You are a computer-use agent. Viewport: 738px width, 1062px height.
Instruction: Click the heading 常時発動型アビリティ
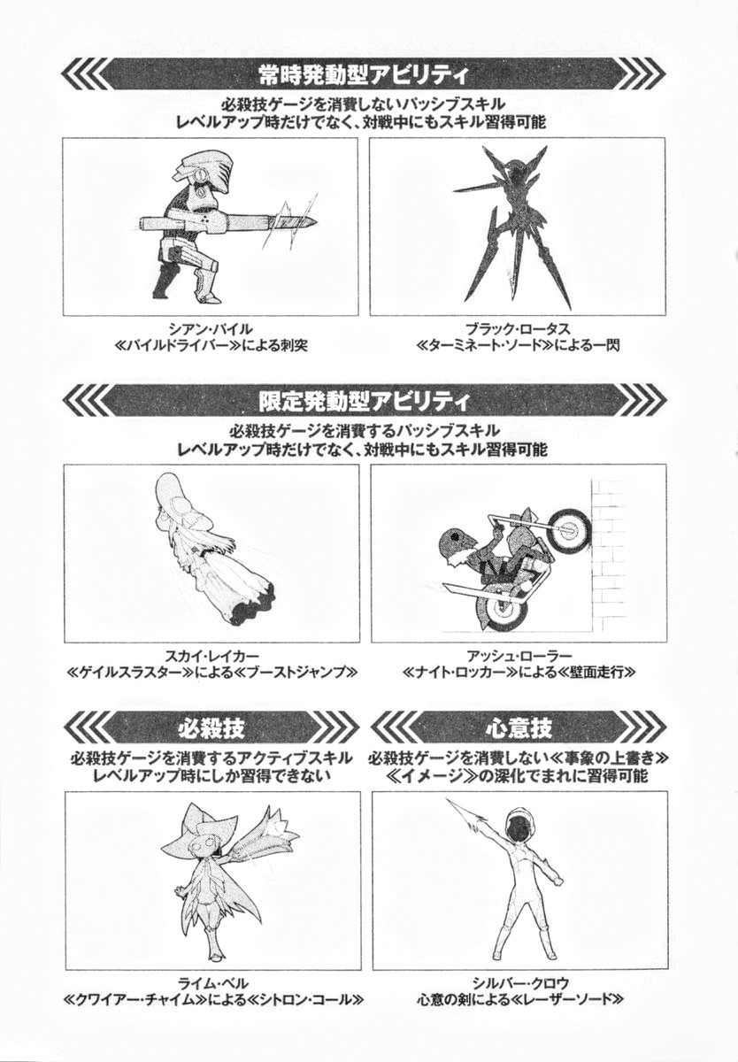pyautogui.click(x=364, y=75)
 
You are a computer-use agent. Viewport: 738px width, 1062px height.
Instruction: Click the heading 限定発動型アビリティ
pyautogui.click(x=364, y=402)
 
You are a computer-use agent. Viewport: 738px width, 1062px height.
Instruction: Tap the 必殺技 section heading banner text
pyautogui.click(x=211, y=728)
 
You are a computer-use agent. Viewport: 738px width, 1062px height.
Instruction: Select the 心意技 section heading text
pyautogui.click(x=519, y=728)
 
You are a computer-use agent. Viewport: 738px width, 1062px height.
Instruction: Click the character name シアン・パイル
pyautogui.click(x=211, y=328)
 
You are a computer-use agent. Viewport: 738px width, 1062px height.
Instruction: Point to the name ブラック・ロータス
pyautogui.click(x=518, y=328)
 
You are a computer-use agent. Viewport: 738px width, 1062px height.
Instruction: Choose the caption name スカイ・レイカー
pyautogui.click(x=211, y=656)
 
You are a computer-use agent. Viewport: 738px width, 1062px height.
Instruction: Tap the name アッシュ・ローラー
pyautogui.click(x=519, y=656)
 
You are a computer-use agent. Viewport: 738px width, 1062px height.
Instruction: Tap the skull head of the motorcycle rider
pyautogui.click(x=455, y=541)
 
